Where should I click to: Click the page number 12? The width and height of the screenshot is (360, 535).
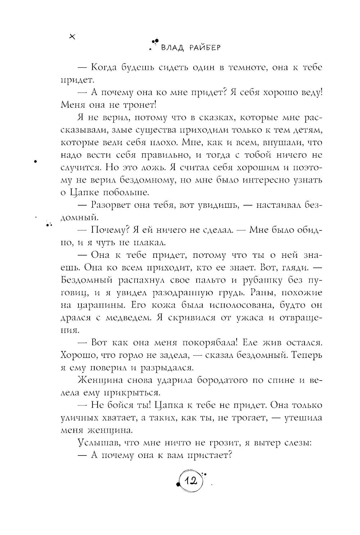[x=190, y=481]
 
